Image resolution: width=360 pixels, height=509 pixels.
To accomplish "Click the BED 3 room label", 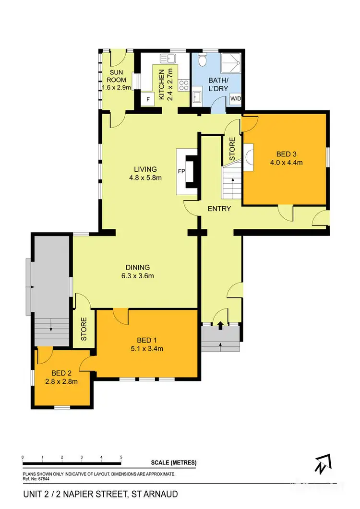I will point(287,154).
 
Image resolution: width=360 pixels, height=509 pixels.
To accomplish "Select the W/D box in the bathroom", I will point(236,99).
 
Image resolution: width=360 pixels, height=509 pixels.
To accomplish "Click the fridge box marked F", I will point(148,99).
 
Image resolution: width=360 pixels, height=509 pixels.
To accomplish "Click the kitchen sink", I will point(168,59).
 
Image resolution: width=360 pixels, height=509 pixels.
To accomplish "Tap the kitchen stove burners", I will point(183,85).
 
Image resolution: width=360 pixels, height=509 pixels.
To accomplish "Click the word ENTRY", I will point(219,209).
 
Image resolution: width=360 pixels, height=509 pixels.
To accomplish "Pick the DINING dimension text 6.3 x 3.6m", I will point(138,276).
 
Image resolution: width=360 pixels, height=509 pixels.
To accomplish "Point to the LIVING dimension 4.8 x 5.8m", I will point(145,178).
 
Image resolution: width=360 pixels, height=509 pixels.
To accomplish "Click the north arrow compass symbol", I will point(321,464).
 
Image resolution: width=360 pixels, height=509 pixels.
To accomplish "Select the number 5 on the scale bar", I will point(121,457).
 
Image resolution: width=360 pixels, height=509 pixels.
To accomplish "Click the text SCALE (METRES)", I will point(173,462).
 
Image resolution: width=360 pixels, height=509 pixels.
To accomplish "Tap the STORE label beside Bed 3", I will point(232,149).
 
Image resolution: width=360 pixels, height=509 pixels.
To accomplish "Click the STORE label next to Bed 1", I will point(84,329).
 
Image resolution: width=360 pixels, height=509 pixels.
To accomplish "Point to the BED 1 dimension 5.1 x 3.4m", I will point(146,349).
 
